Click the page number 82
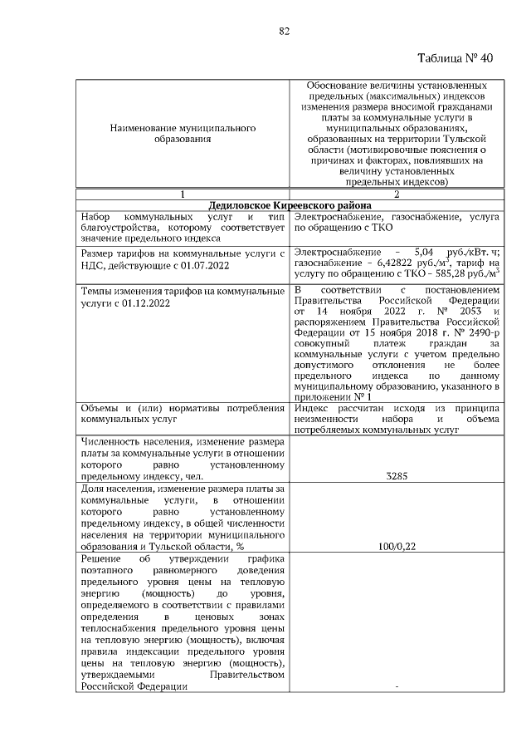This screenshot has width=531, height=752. pyautogui.click(x=283, y=31)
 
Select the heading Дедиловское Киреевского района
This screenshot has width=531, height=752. pyautogui.click(x=289, y=204)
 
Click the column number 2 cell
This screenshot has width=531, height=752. pyautogui.click(x=397, y=194)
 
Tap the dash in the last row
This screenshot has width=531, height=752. pyautogui.click(x=398, y=686)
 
